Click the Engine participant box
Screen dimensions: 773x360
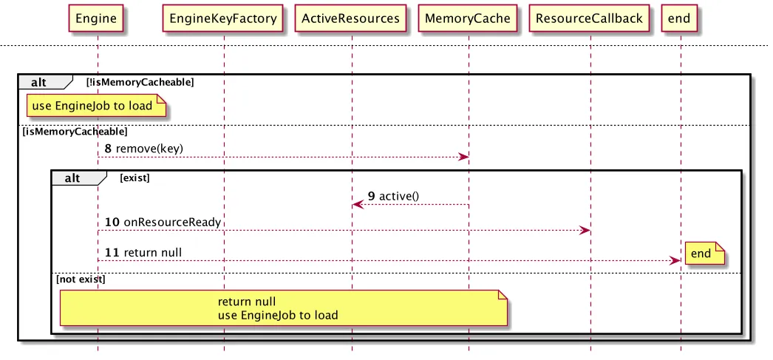tap(95, 18)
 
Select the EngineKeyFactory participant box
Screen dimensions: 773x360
tap(222, 18)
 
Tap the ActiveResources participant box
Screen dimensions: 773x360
tap(350, 18)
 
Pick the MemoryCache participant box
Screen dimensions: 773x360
tap(467, 18)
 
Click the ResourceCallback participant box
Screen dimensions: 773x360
tap(589, 18)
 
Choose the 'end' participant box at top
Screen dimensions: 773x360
tap(679, 18)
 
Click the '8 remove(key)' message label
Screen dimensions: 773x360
tap(143, 148)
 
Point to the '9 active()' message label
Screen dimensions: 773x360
tap(393, 196)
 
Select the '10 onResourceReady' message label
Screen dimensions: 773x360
tap(163, 222)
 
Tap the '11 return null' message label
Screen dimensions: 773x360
tap(143, 253)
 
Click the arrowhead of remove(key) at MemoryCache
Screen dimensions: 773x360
tap(463, 157)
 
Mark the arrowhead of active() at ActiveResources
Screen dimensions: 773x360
tap(358, 204)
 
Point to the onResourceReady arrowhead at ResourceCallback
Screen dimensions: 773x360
tap(585, 231)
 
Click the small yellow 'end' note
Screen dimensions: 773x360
tap(704, 254)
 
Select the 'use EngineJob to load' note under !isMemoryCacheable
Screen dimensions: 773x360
tap(96, 106)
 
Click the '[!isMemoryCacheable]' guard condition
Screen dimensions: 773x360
tap(140, 82)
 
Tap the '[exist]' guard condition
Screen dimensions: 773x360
tap(134, 178)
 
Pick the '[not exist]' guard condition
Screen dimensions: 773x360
tap(81, 279)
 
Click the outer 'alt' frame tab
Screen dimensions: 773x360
tap(45, 82)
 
